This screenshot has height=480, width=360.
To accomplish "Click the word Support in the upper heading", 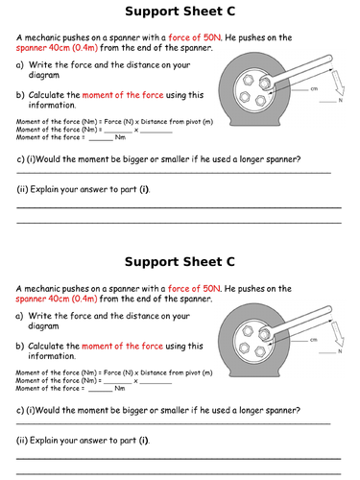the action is coord(153,12).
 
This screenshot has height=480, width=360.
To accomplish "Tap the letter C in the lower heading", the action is coord(230,262).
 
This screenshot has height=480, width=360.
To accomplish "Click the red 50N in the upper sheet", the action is coord(212,37).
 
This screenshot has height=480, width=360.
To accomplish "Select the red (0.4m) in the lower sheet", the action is coord(84,299).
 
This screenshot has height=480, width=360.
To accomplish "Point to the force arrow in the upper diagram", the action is coord(338,83).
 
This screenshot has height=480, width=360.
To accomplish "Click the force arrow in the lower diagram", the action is coord(337,334).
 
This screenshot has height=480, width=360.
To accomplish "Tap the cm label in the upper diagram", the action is coord(314,88).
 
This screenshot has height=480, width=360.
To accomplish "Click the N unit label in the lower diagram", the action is coord(340,351).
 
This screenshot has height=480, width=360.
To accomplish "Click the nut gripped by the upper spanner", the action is coord(264,83).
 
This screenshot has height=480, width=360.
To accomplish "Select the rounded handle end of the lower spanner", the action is coord(328,309).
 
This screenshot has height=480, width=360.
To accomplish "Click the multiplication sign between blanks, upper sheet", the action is coord(136,130).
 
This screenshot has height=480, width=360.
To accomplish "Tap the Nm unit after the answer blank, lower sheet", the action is coord(120,388).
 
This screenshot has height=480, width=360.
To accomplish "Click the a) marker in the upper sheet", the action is coord(20,65).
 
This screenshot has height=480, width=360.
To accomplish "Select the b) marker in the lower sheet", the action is coord(19,346).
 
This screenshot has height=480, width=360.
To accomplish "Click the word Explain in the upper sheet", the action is coord(44,189).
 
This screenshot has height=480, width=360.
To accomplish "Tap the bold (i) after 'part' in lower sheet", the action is coord(144,441).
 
